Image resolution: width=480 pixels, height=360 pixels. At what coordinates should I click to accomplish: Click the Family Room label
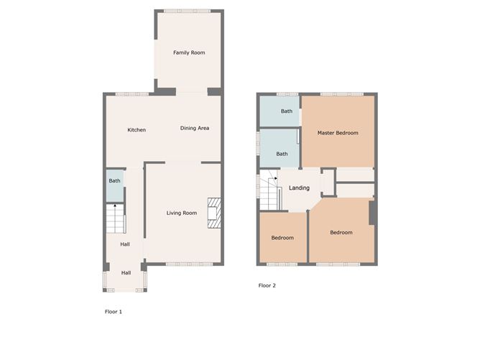pyautogui.click(x=189, y=52)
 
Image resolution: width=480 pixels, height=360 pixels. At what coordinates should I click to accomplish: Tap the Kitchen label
pyautogui.click(x=137, y=130)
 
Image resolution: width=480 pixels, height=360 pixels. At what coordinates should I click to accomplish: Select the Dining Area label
pyautogui.click(x=194, y=128)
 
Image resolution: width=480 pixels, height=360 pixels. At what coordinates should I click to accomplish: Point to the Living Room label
pyautogui.click(x=181, y=213)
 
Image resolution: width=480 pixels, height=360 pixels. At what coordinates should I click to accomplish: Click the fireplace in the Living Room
pyautogui.click(x=214, y=213)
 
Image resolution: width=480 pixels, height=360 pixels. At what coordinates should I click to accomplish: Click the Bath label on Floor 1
pyautogui.click(x=114, y=181)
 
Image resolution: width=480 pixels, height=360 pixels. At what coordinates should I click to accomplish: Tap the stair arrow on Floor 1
pyautogui.click(x=114, y=208)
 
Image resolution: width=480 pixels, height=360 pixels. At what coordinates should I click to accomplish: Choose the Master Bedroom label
pyautogui.click(x=338, y=133)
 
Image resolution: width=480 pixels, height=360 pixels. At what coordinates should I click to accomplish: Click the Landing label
pyautogui.click(x=299, y=188)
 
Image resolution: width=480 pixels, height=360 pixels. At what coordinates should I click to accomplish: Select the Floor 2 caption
pyautogui.click(x=267, y=285)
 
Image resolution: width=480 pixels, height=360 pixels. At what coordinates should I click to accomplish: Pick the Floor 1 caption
pyautogui.click(x=114, y=312)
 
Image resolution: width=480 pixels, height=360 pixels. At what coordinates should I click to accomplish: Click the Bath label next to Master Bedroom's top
pyautogui.click(x=287, y=111)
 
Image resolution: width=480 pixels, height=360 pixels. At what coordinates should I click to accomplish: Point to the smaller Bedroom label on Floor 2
pyautogui.click(x=282, y=238)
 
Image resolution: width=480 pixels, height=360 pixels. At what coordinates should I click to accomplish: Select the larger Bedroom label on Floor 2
pyautogui.click(x=341, y=232)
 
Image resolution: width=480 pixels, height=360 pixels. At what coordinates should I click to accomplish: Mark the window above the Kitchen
pyautogui.click(x=132, y=94)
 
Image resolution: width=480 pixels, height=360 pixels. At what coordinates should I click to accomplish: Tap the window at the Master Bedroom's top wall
pyautogui.click(x=336, y=94)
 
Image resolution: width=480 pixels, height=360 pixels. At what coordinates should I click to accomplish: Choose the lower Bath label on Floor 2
pyautogui.click(x=282, y=154)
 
